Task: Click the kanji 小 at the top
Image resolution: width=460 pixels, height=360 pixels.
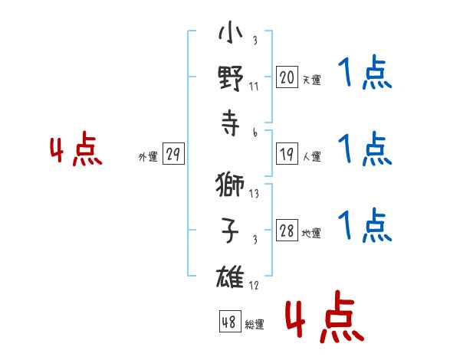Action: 231,32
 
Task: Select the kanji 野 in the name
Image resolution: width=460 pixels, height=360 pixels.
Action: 231,78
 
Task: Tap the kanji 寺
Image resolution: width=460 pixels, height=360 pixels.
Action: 231,123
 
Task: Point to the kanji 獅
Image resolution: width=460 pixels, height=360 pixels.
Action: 230,185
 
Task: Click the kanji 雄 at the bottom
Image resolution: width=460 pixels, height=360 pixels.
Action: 230,277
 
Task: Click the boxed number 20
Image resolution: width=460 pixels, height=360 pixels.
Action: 287,77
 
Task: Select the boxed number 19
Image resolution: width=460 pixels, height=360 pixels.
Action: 287,154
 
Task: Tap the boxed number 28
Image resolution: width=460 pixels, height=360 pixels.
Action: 287,230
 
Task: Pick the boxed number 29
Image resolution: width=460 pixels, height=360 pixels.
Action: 173,153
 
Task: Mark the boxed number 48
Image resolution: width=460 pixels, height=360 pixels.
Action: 230,321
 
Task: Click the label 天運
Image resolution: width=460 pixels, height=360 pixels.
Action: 312,80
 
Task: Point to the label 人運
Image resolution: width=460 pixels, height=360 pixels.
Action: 312,156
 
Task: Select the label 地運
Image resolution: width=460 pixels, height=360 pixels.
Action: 311,234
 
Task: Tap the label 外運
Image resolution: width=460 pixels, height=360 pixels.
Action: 148,157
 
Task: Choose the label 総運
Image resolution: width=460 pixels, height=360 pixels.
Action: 255,325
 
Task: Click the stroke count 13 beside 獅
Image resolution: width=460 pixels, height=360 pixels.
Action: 254,194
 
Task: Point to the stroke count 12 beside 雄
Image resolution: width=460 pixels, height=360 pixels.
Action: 254,285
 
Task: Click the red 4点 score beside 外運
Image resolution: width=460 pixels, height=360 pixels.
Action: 76,149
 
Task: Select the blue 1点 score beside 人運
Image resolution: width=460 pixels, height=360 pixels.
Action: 365,149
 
